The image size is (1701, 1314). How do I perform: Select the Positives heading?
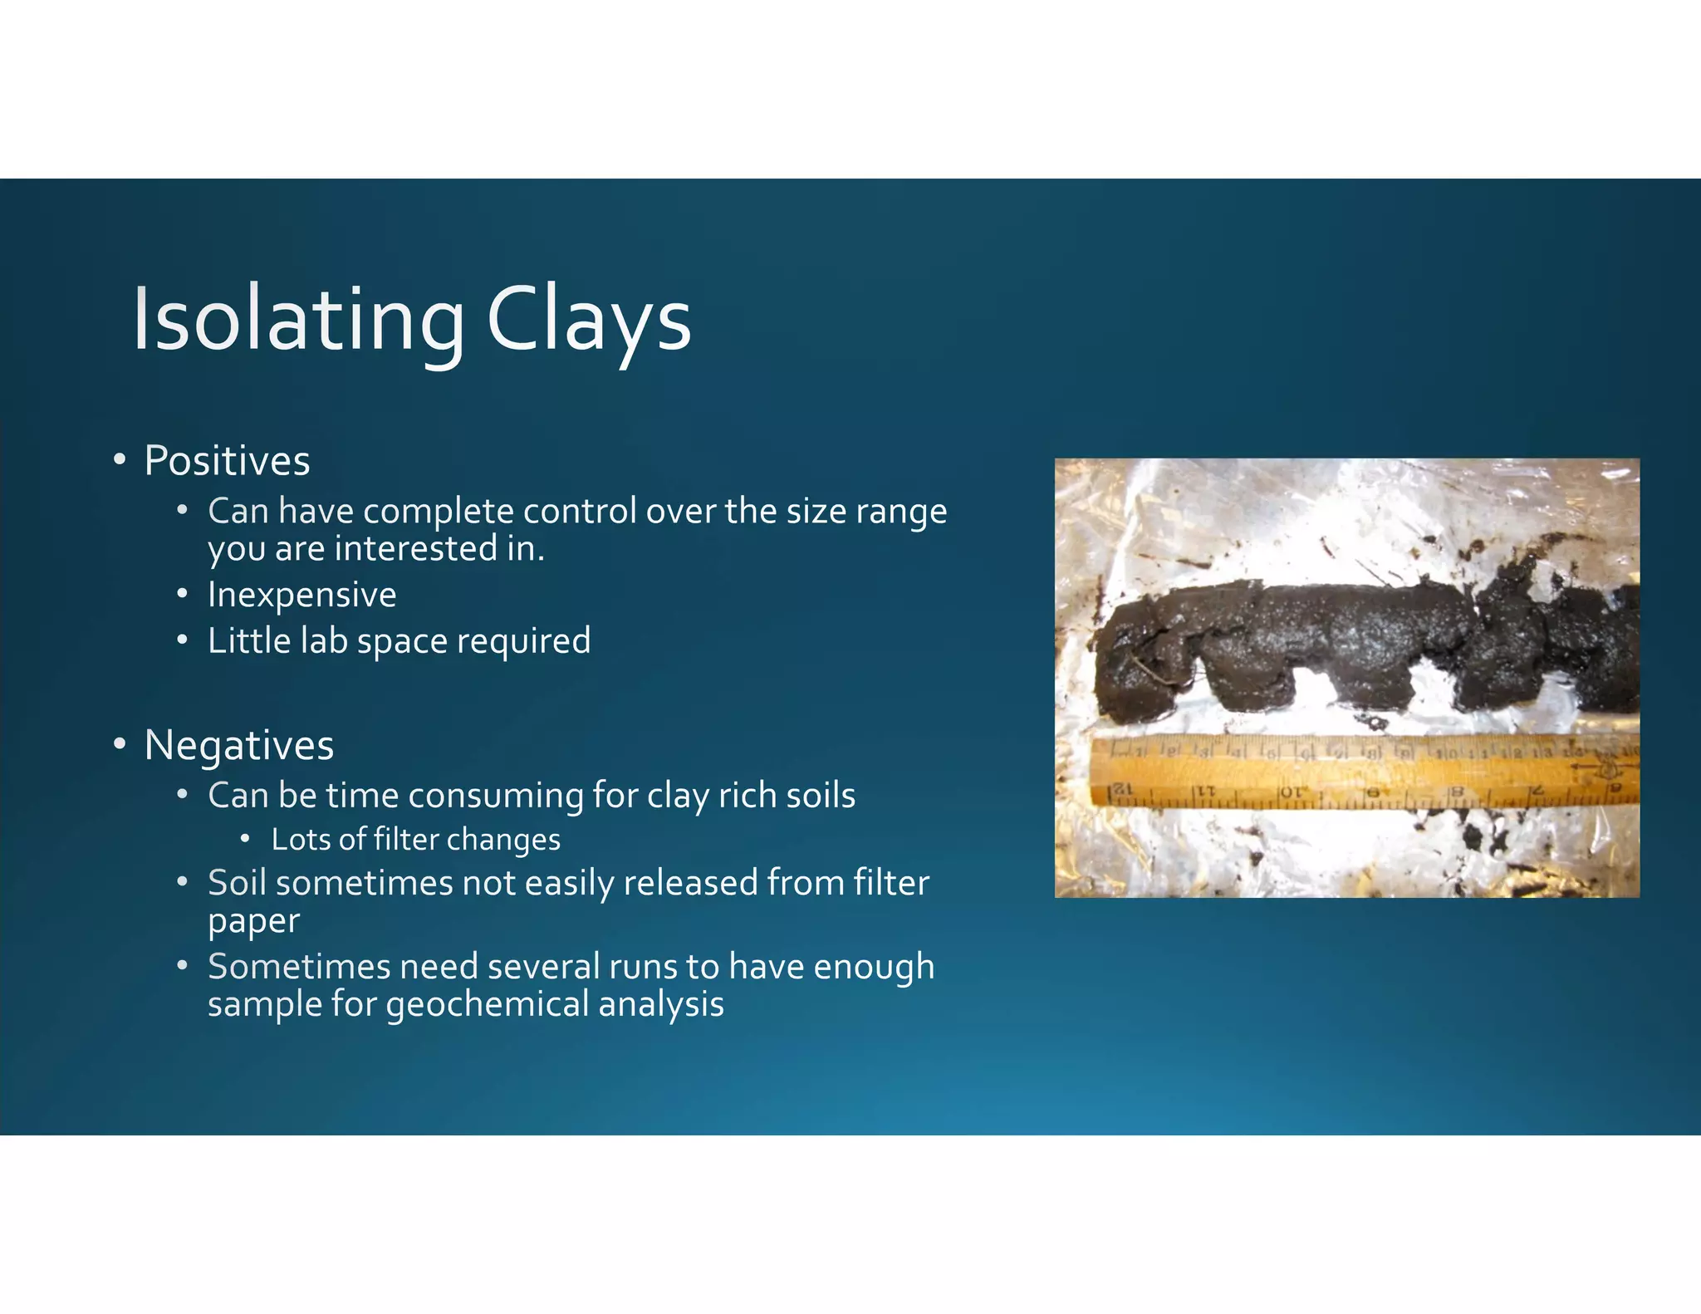coord(227,461)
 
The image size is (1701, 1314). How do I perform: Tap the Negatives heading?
coord(239,745)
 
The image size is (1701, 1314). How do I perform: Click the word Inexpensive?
coord(302,595)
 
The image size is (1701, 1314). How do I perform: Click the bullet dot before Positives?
coord(120,459)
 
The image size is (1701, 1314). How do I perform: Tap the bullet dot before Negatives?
coord(120,743)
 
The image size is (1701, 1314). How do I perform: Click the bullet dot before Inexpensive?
coord(182,595)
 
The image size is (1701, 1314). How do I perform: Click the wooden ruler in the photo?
coord(1362,772)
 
